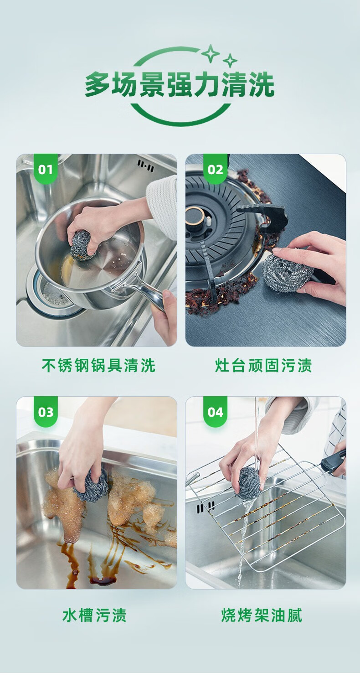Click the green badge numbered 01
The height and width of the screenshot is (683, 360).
coord(46,169)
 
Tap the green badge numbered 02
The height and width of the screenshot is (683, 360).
coord(215,169)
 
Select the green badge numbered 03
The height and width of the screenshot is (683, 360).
coord(46,411)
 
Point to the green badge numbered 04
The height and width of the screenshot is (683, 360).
coord(215,411)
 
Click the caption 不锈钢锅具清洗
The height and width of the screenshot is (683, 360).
coord(98,365)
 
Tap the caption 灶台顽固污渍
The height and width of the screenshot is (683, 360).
coord(264,365)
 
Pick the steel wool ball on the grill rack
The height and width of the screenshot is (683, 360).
coord(249,483)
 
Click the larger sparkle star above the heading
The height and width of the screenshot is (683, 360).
coord(211,53)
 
